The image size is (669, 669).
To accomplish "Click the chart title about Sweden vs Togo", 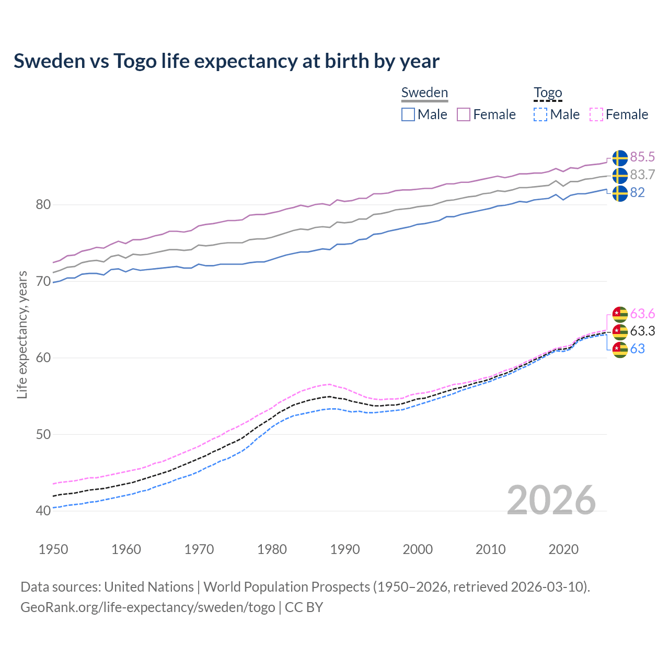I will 226,61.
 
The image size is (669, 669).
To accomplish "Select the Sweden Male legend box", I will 408,114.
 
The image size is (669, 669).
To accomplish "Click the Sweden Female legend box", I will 464,114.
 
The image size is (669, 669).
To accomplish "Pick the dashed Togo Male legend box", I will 540,114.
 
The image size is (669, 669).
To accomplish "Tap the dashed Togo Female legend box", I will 596,114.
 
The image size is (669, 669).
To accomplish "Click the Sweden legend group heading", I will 424,93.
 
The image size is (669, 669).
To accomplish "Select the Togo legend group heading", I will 547,93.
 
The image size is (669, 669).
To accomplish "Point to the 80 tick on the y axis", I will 43,204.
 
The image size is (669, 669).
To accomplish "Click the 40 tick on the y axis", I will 43,511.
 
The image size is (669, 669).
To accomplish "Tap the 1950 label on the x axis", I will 53,549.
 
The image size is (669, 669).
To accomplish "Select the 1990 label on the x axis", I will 345,549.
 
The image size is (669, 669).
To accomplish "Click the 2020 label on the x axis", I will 563,549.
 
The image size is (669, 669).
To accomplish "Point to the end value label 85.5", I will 642,157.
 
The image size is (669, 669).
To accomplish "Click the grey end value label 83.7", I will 642,175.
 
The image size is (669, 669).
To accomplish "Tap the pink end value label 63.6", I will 642,314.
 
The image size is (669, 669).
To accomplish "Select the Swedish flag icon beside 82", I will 620,193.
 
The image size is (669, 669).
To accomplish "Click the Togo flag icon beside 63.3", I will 620,332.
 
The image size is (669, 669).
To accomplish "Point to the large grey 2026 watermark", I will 551,500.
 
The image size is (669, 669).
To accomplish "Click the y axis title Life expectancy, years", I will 22,334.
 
